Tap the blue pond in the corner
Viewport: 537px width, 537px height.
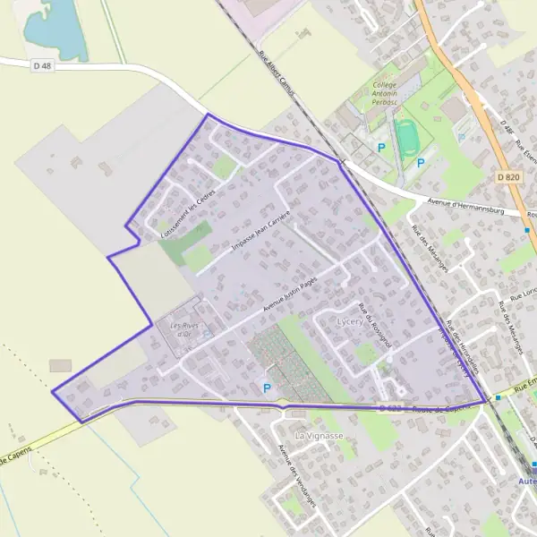[x=54, y=27]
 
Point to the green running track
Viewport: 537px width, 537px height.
[x=410, y=138]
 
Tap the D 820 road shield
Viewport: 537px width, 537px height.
[x=507, y=178]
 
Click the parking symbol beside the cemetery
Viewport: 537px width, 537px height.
[x=266, y=388]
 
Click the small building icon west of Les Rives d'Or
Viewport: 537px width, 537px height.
[x=61, y=366]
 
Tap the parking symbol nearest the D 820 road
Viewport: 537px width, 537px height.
[x=461, y=138]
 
